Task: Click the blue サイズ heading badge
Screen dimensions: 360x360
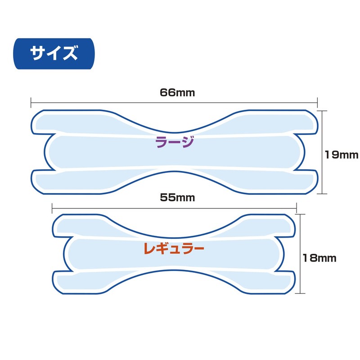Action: tap(54, 54)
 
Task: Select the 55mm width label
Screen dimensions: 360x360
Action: tap(173, 197)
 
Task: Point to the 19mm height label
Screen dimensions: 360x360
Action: tap(342, 155)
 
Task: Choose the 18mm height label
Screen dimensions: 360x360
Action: tap(319, 258)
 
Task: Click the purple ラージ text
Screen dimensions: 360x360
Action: tap(174, 143)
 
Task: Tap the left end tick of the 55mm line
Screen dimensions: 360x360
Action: tap(52, 207)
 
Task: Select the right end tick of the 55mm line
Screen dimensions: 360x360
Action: tap(296, 207)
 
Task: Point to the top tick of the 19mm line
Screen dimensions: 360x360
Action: tap(321, 110)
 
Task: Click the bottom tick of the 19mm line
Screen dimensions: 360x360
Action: tap(321, 193)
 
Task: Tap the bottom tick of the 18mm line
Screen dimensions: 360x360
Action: tap(300, 293)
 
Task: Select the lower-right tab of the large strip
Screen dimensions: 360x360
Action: tap(297, 182)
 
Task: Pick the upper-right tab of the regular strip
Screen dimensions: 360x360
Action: tap(274, 225)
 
